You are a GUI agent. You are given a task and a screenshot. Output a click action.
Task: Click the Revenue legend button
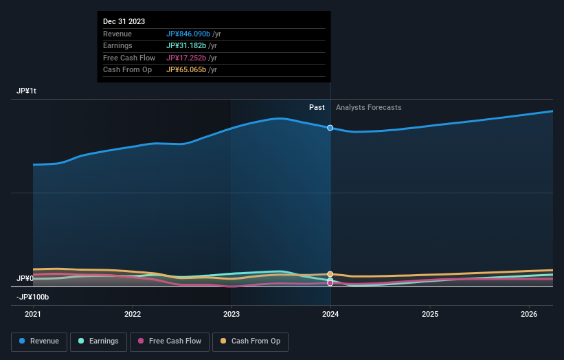[x=39, y=341]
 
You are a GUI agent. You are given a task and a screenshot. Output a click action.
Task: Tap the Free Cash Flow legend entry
[x=170, y=341]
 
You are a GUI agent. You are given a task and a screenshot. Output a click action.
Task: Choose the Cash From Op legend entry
[x=252, y=341]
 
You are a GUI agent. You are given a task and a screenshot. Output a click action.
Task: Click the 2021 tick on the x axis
[x=33, y=315]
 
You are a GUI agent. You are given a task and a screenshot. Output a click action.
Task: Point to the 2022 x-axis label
[x=133, y=315]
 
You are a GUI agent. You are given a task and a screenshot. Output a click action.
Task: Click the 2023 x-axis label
[x=232, y=315]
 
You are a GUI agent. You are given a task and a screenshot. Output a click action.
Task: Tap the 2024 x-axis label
[x=330, y=315]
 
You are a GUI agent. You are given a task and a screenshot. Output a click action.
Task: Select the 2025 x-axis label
[x=430, y=315]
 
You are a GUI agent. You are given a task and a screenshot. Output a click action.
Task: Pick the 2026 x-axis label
[x=529, y=315]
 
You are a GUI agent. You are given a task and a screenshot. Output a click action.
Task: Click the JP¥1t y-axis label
[x=27, y=91]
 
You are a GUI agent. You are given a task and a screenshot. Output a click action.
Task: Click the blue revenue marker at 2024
[x=330, y=128]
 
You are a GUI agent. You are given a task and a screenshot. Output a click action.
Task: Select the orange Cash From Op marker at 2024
[x=330, y=274]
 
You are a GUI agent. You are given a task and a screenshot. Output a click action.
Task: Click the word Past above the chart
[x=317, y=107]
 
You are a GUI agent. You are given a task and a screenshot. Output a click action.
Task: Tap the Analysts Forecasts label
[x=368, y=107]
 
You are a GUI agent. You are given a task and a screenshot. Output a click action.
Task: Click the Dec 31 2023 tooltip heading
[x=124, y=22]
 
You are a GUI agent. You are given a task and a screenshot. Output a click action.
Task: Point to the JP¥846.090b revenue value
[x=188, y=34]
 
